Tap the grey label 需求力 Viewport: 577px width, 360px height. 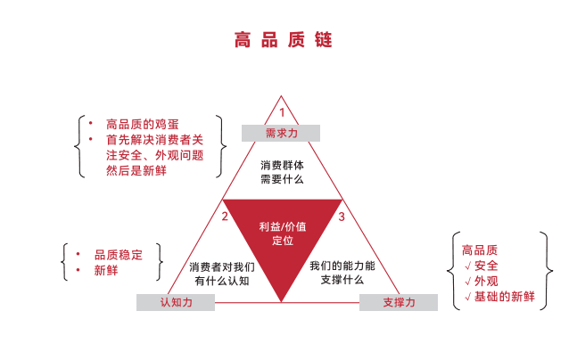click(x=281, y=134)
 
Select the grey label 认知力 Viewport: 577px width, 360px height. click(x=176, y=303)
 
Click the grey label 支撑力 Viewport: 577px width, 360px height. click(x=399, y=303)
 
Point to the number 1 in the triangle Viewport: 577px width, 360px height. click(x=282, y=112)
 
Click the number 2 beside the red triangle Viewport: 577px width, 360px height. click(x=226, y=217)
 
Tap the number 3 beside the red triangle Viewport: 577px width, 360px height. click(x=341, y=217)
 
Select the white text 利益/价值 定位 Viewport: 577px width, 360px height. click(x=283, y=234)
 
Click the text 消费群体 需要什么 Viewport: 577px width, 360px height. click(x=282, y=172)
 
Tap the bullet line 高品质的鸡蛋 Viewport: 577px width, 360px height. click(x=142, y=124)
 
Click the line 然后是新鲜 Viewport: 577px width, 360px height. click(x=136, y=170)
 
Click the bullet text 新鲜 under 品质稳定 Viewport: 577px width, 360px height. click(x=106, y=270)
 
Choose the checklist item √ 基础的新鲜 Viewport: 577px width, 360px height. click(x=499, y=297)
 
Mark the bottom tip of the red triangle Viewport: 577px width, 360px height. click(x=283, y=301)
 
